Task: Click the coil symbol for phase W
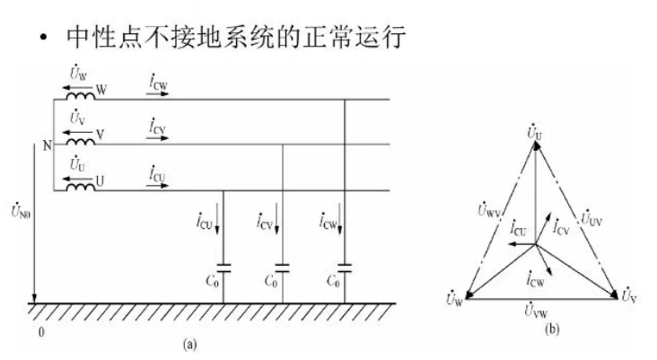click(x=81, y=96)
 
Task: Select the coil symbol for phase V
click(x=81, y=142)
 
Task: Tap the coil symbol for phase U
click(x=81, y=188)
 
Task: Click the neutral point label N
click(x=48, y=145)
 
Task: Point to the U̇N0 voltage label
click(x=21, y=210)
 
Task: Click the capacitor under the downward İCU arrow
click(x=223, y=268)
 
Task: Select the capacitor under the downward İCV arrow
click(x=283, y=268)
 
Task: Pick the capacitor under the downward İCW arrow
click(x=345, y=268)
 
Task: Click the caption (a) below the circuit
click(x=189, y=345)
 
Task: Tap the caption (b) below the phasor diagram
click(x=552, y=329)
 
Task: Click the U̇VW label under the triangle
click(x=536, y=310)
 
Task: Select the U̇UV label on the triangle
click(x=591, y=218)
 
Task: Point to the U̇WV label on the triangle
click(x=489, y=209)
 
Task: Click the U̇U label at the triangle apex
click(x=534, y=133)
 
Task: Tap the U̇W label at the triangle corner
click(x=454, y=298)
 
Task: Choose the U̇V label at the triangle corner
click(x=629, y=295)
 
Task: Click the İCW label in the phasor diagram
click(x=536, y=278)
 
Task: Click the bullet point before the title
click(x=43, y=38)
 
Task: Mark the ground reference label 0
click(x=41, y=332)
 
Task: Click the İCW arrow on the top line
click(x=158, y=93)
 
